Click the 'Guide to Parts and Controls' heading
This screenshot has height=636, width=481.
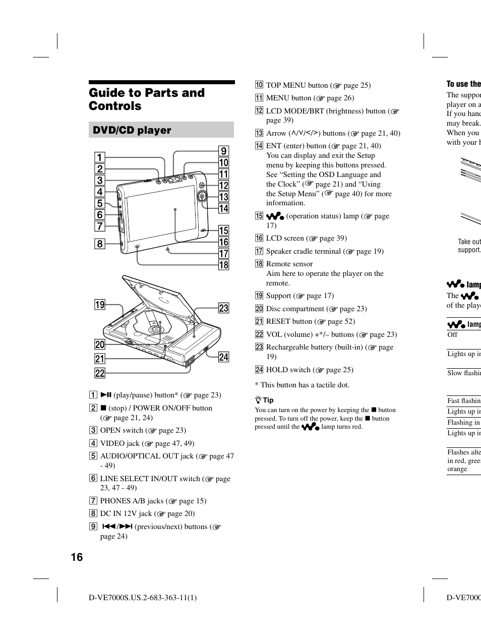[x=147, y=99]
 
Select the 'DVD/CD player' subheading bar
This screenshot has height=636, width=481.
[x=161, y=130]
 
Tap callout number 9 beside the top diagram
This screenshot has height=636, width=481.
[x=223, y=151]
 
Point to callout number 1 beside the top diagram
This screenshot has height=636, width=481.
[x=100, y=157]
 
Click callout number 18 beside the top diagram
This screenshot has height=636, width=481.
[x=223, y=265]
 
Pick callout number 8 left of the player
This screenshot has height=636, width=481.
[x=100, y=244]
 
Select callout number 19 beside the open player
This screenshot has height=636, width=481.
[x=100, y=304]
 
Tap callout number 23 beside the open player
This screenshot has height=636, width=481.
[x=223, y=308]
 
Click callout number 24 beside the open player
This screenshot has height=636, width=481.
[x=223, y=357]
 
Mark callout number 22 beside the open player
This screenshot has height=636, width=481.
[x=100, y=373]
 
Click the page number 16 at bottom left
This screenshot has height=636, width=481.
[x=77, y=557]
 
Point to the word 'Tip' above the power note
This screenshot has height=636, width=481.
[x=268, y=400]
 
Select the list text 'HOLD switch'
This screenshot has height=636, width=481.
[x=288, y=370]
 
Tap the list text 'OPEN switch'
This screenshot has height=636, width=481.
[x=122, y=430]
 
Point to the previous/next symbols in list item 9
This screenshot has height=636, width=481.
[x=117, y=527]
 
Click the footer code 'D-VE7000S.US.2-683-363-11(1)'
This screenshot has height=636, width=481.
[x=143, y=598]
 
